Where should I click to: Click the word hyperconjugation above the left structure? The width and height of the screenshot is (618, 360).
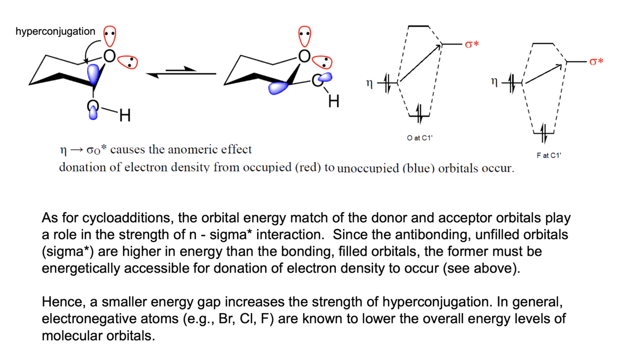point(55,32)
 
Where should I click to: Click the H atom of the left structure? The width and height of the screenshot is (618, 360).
point(125,115)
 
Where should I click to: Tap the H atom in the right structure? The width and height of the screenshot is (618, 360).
point(334,101)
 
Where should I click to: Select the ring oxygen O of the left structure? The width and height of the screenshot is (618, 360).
point(109,56)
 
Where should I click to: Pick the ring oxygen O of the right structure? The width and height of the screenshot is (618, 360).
point(304,56)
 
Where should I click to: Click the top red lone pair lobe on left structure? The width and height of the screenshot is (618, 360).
point(110,36)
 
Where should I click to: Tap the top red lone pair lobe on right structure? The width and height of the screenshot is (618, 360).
point(305,36)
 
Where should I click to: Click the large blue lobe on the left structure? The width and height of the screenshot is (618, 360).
point(94,74)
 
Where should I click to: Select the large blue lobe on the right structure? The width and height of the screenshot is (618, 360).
point(278,88)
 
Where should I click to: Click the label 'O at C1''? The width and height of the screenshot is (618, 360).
point(420,138)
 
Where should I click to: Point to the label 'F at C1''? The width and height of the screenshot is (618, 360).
point(549,156)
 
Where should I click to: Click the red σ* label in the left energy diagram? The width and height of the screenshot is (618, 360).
point(472,44)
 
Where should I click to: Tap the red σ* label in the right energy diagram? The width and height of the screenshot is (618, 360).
point(596,61)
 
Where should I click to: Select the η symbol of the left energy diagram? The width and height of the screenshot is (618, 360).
point(369,83)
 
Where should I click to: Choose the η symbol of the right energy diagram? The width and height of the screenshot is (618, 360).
point(494,82)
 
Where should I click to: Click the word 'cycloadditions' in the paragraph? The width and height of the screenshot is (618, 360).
point(128,218)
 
